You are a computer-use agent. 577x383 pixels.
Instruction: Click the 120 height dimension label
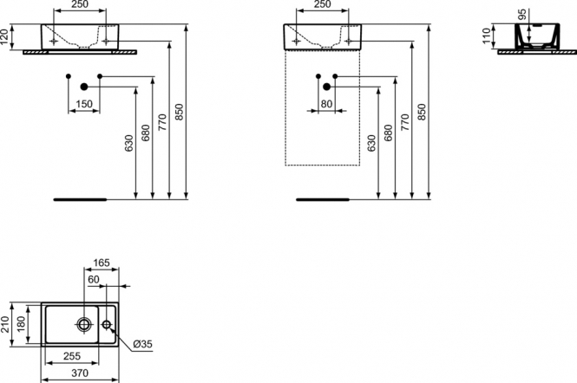pos(4,36)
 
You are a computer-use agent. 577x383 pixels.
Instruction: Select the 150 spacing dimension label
pos(84,104)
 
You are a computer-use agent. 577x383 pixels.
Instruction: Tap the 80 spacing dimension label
pos(326,104)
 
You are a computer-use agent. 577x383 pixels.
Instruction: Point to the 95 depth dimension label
pos(522,15)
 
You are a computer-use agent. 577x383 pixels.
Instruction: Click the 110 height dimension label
pos(487,36)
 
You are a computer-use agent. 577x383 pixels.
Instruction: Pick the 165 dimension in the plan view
pos(102,263)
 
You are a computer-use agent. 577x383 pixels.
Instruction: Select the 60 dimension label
pos(94,280)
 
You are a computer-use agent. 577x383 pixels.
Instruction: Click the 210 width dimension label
pos(4,324)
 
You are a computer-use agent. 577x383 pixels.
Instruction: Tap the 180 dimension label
pos(22,324)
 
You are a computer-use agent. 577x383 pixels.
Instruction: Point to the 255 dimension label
pos(72,356)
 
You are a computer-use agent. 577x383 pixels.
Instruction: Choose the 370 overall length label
pos(80,373)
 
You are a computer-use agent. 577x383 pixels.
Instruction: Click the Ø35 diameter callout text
pos(142,344)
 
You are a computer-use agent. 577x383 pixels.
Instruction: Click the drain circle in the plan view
pos(84,324)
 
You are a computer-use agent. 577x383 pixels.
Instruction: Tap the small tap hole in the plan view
pos(107,324)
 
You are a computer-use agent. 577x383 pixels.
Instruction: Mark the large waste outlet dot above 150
pos(84,87)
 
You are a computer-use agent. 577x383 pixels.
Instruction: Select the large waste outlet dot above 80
pos(326,87)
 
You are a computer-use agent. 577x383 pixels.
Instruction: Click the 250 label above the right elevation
pos(323,4)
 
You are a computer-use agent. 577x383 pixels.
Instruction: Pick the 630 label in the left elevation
pos(128,143)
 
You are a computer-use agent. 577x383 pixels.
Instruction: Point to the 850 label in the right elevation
pos(422,112)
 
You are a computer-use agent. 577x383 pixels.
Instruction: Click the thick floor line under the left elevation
pos(80,199)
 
